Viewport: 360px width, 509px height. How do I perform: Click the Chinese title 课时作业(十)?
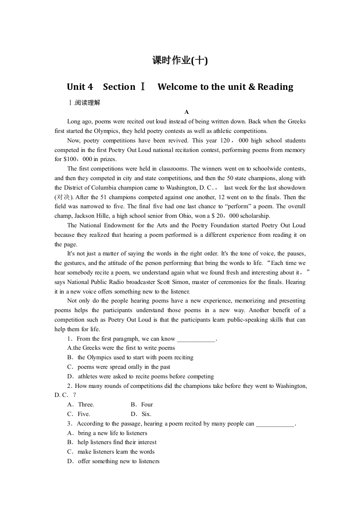pos(180,60)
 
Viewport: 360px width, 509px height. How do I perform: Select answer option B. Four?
pos(142,405)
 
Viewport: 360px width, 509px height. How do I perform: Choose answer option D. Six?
pos(141,414)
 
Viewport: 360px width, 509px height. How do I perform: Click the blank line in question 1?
pos(196,339)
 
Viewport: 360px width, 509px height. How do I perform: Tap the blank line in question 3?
pos(275,424)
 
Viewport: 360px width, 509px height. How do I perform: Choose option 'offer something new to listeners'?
pos(118,461)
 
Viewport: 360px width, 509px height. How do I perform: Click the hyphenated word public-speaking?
pos(251,320)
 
